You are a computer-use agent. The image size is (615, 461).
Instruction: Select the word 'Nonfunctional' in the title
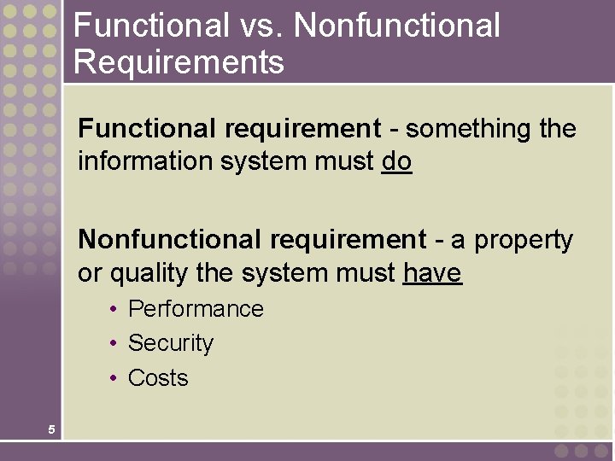tap(397, 25)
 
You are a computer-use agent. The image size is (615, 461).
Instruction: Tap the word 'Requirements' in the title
tap(179, 61)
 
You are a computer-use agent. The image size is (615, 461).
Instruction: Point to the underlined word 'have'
tap(432, 274)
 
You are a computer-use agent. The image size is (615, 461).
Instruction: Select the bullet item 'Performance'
tap(196, 309)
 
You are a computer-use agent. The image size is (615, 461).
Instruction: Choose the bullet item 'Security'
tap(170, 343)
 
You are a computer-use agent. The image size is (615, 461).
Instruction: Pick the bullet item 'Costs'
tap(158, 378)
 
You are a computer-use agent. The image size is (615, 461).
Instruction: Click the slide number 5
tap(51, 429)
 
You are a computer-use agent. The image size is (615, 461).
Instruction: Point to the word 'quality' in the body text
tap(143, 274)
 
